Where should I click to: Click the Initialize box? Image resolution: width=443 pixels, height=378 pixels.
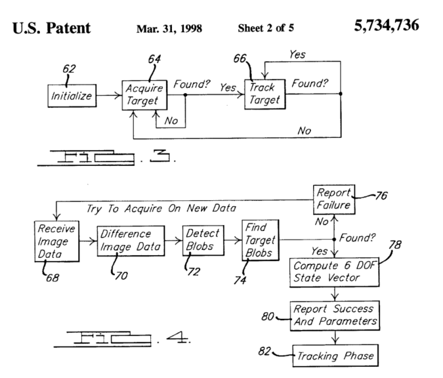pos(72,97)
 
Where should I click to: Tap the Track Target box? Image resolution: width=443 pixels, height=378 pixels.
pos(264,94)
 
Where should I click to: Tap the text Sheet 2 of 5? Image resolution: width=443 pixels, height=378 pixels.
pos(266,30)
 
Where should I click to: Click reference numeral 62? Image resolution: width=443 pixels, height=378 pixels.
pos(70,67)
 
